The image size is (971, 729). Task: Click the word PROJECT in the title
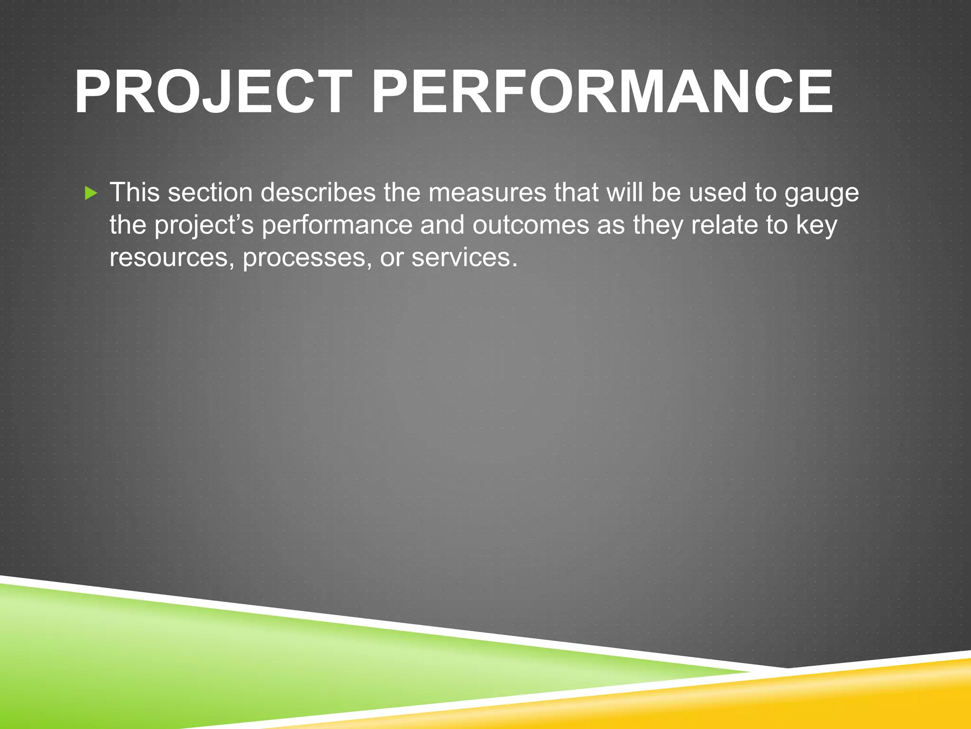coord(211,93)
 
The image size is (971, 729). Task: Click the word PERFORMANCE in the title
coord(602,93)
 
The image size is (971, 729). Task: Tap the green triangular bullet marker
coord(91,193)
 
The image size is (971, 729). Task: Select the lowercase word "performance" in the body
coord(337,225)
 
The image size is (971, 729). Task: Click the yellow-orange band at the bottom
coord(806,698)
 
